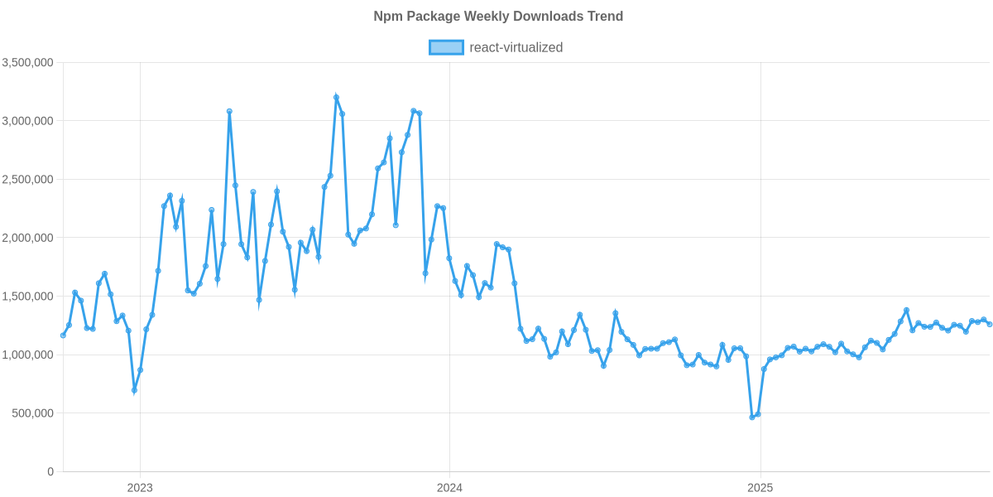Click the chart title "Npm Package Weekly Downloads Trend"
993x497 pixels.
pyautogui.click(x=497, y=16)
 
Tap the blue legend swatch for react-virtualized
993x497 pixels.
pyautogui.click(x=446, y=48)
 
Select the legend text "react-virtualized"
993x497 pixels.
pyautogui.click(x=516, y=48)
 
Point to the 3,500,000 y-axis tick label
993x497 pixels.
pyautogui.click(x=28, y=62)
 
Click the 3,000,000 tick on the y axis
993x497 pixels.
pyautogui.click(x=28, y=121)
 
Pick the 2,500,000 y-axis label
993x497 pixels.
pyautogui.click(x=28, y=179)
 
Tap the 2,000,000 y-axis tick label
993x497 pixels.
pyautogui.click(x=28, y=238)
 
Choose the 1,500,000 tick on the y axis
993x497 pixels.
pyautogui.click(x=28, y=296)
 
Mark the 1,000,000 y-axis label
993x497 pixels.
pyautogui.click(x=28, y=355)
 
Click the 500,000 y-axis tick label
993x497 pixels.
pyautogui.click(x=32, y=413)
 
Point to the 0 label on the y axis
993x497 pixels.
pyautogui.click(x=50, y=471)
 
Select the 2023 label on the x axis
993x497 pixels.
pyautogui.click(x=140, y=487)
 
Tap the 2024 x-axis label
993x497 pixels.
pyautogui.click(x=449, y=487)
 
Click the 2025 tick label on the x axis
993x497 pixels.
pyautogui.click(x=760, y=487)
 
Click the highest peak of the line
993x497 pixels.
pyautogui.click(x=336, y=97)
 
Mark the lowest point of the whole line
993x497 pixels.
pyautogui.click(x=752, y=417)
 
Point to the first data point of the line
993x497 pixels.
pyautogui.click(x=63, y=335)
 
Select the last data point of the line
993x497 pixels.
pyautogui.click(x=990, y=324)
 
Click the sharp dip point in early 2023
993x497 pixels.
pyautogui.click(x=134, y=390)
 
